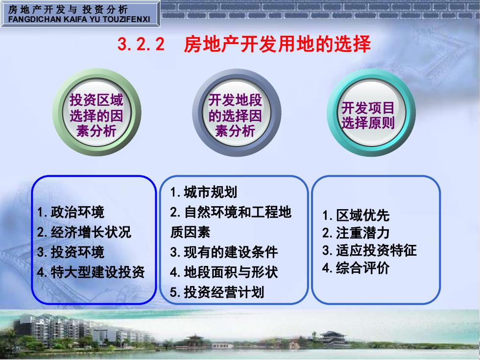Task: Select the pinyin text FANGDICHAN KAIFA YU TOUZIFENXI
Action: tap(79, 19)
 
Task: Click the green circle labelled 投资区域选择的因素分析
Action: tap(97, 112)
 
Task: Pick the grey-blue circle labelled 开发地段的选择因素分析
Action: tap(236, 112)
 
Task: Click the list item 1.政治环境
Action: tap(71, 212)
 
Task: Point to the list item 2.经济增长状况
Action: tap(84, 232)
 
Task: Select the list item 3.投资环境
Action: tap(71, 252)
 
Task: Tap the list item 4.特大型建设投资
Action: tap(91, 272)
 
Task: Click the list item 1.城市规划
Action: tap(204, 192)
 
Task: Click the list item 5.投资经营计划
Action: tap(217, 292)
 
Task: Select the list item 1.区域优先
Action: tap(356, 215)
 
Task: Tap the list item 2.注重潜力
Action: tap(356, 233)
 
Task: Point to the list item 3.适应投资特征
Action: tap(369, 250)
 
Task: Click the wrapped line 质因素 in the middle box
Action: tap(190, 232)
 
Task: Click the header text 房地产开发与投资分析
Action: tap(68, 9)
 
